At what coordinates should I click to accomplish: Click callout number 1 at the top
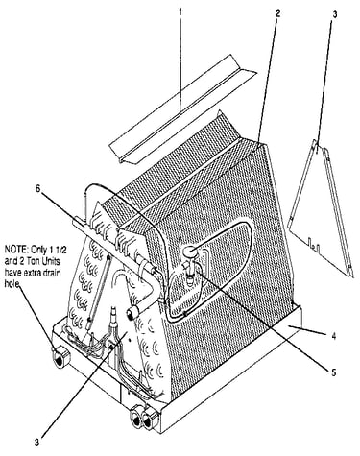(180, 12)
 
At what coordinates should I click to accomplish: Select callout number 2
(277, 13)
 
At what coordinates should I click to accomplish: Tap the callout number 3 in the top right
(334, 14)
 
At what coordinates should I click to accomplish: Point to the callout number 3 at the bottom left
(37, 443)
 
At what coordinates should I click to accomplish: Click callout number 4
(334, 336)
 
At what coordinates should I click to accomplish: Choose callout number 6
(38, 189)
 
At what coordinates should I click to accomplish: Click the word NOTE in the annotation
(15, 249)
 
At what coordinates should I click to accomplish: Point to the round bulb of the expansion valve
(190, 252)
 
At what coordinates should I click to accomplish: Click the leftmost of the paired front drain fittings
(135, 419)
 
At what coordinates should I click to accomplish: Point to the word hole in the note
(12, 284)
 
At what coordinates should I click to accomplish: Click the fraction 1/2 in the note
(53, 249)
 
